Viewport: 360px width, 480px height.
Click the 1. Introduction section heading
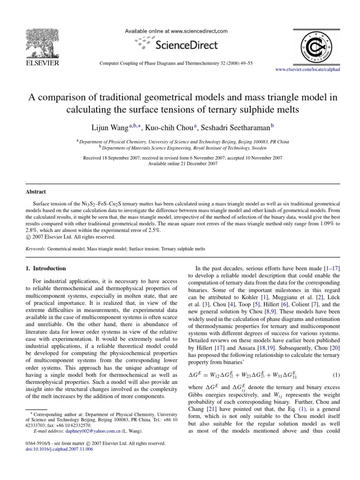(46, 269)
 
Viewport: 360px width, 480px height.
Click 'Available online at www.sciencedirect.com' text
(176, 31)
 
